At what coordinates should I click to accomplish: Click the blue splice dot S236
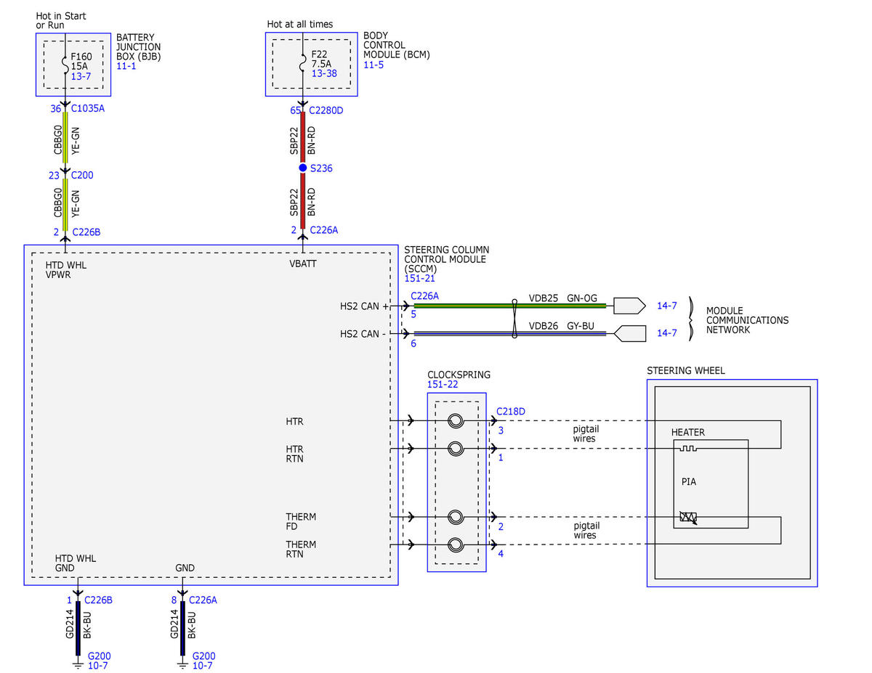pos(302,168)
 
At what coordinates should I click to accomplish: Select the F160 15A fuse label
pos(81,61)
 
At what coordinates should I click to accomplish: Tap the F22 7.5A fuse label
pos(321,59)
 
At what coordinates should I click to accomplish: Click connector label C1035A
pos(87,108)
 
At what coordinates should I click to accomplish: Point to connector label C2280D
pos(326,110)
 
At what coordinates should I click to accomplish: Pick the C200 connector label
pos(82,175)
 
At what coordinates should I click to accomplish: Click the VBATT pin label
pos(302,264)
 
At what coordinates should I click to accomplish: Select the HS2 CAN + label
pos(364,306)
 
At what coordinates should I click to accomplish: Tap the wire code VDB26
pos(543,326)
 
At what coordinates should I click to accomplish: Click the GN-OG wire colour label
pos(582,298)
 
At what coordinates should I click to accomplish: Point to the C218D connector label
pos(510,411)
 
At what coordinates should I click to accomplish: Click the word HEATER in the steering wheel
pos(688,432)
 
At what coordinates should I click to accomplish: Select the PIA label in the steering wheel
pos(689,481)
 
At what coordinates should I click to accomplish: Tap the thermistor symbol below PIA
pos(688,517)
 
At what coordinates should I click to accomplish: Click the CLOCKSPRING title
pos(459,375)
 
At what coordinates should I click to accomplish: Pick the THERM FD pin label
pos(301,521)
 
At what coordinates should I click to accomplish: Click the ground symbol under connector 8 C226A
pos(182,666)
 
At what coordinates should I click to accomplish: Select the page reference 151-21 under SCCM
pos(419,278)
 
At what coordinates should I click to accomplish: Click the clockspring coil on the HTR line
pos(456,420)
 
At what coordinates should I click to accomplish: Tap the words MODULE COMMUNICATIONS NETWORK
pos(747,320)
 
